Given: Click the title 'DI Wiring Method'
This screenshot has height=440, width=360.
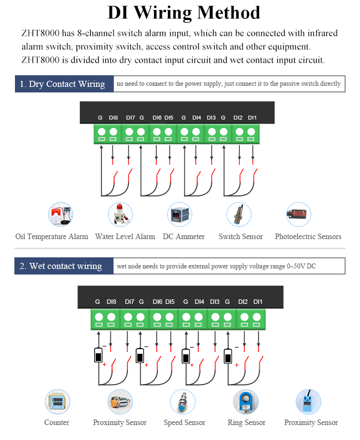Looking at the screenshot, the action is coord(184,13).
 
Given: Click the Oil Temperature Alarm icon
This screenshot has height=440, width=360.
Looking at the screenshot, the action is coord(60,214).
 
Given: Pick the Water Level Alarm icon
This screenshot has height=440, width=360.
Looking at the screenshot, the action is coord(121,214).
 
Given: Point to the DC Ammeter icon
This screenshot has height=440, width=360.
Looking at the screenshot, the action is coord(179,214).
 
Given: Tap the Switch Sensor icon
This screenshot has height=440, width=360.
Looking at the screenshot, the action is coord(239,214).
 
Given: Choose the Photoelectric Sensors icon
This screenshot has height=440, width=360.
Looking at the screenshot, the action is coord(299,214).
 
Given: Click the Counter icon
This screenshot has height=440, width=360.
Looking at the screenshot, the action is coord(58,402).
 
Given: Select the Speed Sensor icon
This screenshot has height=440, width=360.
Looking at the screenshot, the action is coord(183,402).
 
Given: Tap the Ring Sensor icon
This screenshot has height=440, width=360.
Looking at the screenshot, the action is coord(246,402).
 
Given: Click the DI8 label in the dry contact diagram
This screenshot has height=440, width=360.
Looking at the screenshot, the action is coord(114,117).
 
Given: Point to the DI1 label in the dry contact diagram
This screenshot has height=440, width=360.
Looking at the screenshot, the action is coord(252,117).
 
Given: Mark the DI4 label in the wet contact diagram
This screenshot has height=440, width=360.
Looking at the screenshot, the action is coord(199,302).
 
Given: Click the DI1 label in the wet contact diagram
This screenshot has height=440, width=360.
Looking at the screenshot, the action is coord(258,302).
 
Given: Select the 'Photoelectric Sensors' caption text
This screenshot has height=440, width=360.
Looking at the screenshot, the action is coord(308,236).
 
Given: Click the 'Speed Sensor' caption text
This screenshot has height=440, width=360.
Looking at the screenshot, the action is coord(184,422).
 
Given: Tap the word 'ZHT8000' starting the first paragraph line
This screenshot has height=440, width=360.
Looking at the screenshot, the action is coord(40,33).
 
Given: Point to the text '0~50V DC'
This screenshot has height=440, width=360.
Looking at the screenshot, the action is coord(301,266).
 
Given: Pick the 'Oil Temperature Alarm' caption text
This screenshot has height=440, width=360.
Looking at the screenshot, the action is coord(52,236).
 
